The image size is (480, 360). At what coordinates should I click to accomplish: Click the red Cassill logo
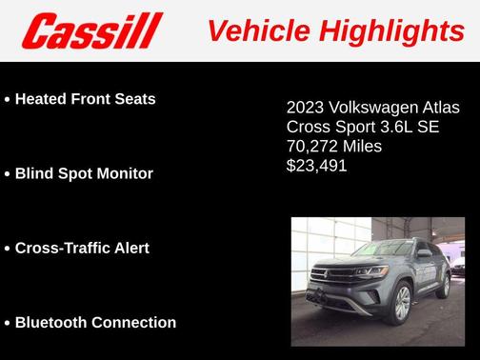(x=92, y=30)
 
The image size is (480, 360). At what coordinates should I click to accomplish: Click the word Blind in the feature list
(x=34, y=173)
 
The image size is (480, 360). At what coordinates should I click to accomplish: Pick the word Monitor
(x=121, y=173)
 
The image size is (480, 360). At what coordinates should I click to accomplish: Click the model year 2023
(x=306, y=108)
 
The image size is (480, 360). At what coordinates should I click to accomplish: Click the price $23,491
(x=317, y=166)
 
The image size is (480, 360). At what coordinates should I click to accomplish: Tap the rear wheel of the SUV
(x=443, y=283)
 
